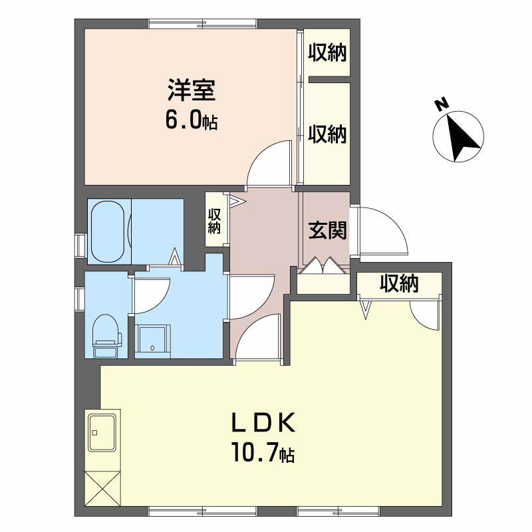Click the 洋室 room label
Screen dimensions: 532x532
[x=192, y=90]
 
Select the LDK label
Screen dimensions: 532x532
[x=263, y=422]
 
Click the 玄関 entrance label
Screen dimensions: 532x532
[x=327, y=230]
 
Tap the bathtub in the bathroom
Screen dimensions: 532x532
[x=108, y=231]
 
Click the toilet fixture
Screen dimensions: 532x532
[x=106, y=335]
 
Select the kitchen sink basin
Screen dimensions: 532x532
[x=102, y=433]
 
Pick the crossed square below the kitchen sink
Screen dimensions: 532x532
[x=103, y=487]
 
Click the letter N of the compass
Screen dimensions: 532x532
[x=441, y=105]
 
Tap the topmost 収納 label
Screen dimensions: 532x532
[x=327, y=53]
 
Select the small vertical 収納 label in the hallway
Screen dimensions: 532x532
[x=214, y=221]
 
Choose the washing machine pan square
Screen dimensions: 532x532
[x=152, y=341]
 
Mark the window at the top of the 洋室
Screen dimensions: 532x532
[x=203, y=24]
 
